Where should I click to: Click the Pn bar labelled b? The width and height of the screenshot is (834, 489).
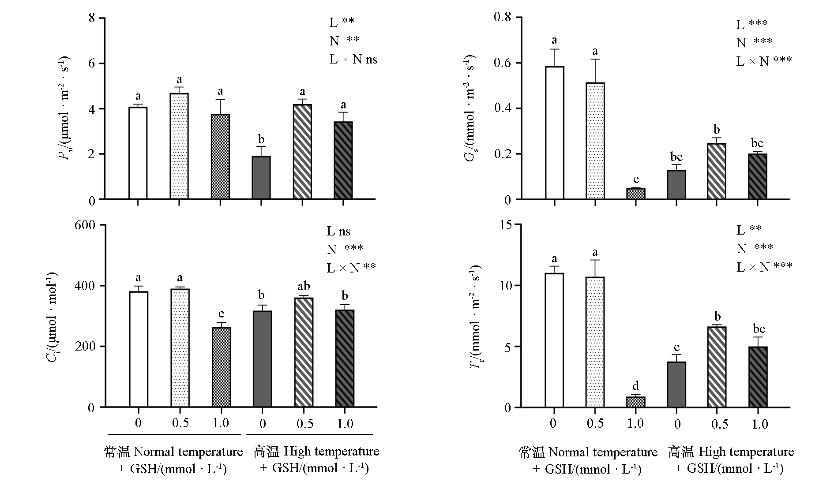261,178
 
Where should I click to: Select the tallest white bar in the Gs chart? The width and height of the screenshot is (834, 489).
555,133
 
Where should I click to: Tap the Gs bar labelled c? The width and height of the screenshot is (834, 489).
636,194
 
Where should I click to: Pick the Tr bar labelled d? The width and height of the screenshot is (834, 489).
636,402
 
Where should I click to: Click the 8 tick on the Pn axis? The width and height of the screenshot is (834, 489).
92,19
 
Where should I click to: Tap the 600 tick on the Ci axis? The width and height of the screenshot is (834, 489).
86,225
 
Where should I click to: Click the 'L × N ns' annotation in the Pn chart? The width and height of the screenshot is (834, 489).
353,59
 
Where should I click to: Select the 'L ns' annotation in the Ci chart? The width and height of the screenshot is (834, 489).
338,231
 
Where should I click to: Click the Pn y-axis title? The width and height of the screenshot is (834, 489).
66,108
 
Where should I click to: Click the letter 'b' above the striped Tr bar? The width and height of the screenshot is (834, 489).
718,317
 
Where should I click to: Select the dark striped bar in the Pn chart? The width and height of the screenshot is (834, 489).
343,161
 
